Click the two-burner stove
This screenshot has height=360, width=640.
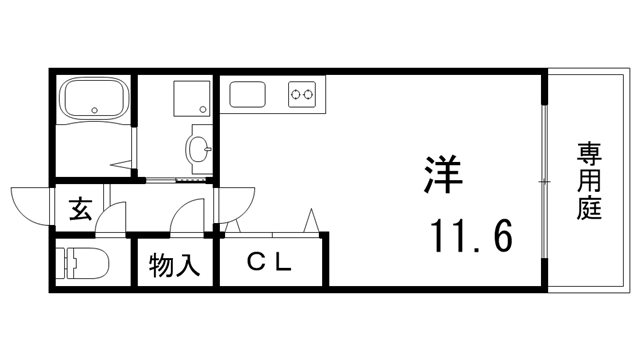coord(301,96)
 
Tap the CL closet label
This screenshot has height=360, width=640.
coord(268,263)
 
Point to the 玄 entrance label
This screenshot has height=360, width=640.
coord(80,210)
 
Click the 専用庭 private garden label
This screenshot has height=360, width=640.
coord(589,182)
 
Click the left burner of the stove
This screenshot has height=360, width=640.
coord(295,96)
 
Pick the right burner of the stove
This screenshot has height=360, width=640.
coord(307,96)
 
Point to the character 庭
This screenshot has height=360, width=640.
coord(589,211)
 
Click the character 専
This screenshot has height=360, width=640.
coord(589,154)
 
